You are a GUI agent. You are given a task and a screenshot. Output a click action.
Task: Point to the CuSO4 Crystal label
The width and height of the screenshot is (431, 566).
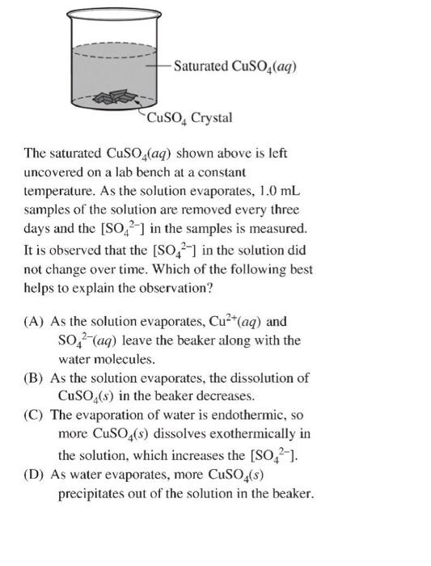[x=189, y=119]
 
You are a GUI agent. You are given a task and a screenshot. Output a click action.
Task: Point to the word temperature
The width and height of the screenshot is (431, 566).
[x=59, y=193]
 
